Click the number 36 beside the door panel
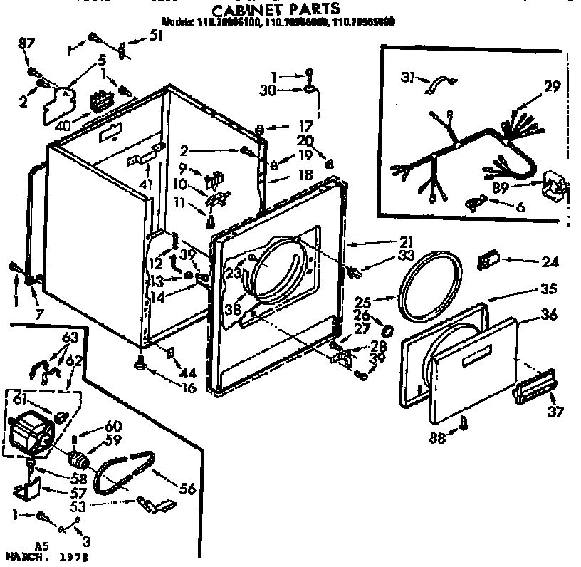click(x=548, y=314)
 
